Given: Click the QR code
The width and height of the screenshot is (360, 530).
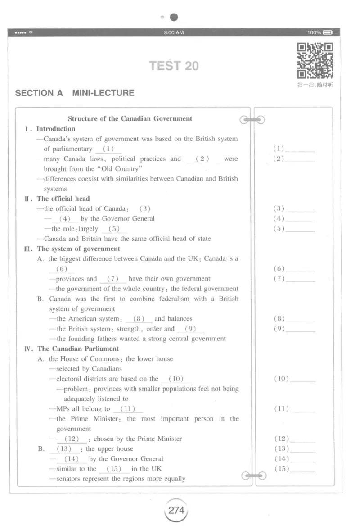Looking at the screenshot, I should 315,61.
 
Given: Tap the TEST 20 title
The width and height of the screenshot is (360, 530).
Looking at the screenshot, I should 174,66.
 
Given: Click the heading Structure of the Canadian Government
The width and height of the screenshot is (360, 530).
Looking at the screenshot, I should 130,119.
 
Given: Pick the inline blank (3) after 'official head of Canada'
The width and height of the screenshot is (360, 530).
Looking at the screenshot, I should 145,209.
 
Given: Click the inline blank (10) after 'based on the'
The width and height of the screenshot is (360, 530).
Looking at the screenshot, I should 176,379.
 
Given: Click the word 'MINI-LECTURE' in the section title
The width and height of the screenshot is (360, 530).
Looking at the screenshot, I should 103,93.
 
